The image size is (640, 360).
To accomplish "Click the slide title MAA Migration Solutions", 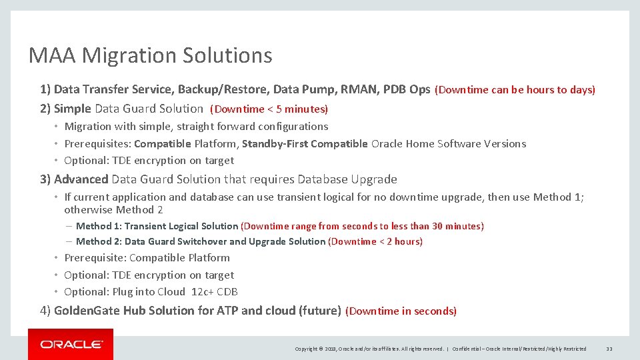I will coord(150,55).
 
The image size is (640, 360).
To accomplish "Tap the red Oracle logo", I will coord(71,344).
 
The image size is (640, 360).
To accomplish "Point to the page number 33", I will coord(609,349).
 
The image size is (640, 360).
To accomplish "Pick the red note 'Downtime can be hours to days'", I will coord(515,90).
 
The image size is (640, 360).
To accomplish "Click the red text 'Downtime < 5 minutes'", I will coord(269,109).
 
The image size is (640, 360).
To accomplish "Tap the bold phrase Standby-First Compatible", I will coord(305,144).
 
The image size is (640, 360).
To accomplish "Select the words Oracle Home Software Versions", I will coord(449,144).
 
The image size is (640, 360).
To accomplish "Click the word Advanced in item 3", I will coord(81,179).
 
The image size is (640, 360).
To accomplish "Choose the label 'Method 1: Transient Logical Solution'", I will coord(157,227).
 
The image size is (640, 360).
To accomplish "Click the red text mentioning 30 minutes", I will coord(362,227).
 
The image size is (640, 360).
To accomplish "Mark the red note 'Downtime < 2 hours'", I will coord(375,242).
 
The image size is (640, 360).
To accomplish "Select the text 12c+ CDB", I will coord(215,292).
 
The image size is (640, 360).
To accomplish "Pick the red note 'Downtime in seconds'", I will coord(401,311).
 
